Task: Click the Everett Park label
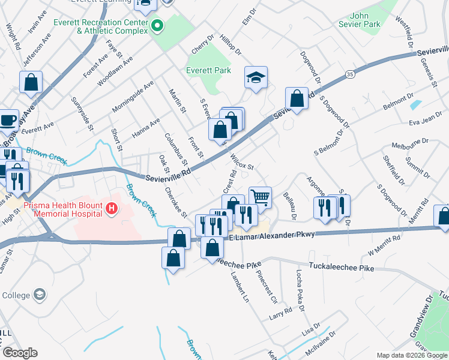pos(208,71)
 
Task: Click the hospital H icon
pos(110,209)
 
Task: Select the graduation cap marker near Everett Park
pos(256,77)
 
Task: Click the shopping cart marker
pos(260,196)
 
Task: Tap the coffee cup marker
pos(7,119)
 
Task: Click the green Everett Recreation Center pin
pos(157,26)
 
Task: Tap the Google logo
pos(20,353)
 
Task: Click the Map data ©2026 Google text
pos(411,355)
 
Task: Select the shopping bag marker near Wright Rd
pos(31,82)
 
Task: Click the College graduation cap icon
pos(39,295)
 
